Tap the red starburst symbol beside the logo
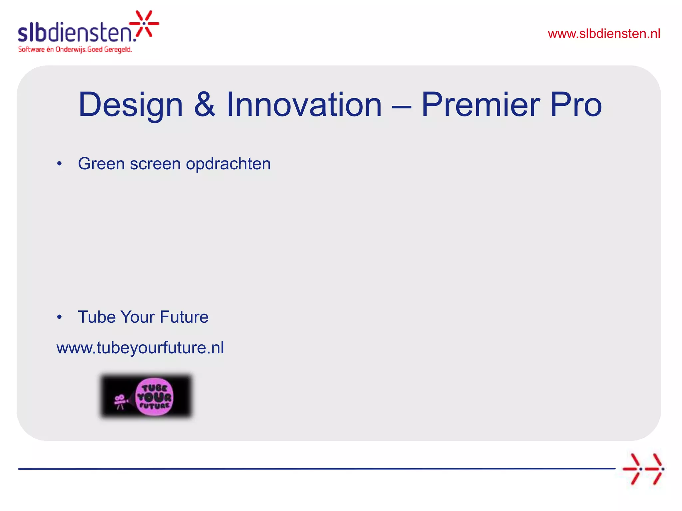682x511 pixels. tap(144, 24)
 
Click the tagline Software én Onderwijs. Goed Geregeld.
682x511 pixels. tap(75, 50)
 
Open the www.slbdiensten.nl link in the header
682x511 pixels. tap(604, 34)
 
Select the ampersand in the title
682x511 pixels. tap(204, 105)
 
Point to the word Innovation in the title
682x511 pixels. tap(304, 105)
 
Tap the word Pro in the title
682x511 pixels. tap(576, 105)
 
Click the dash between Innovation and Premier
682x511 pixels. tap(402, 107)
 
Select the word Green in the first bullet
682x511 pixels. tap(101, 164)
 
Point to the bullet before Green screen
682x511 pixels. tap(59, 164)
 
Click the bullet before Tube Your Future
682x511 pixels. tap(59, 317)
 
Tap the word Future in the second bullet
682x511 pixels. tap(184, 317)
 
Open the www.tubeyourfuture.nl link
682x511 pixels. tap(140, 348)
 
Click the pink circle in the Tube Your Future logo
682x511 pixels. tap(154, 397)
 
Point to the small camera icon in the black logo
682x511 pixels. tap(120, 401)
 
